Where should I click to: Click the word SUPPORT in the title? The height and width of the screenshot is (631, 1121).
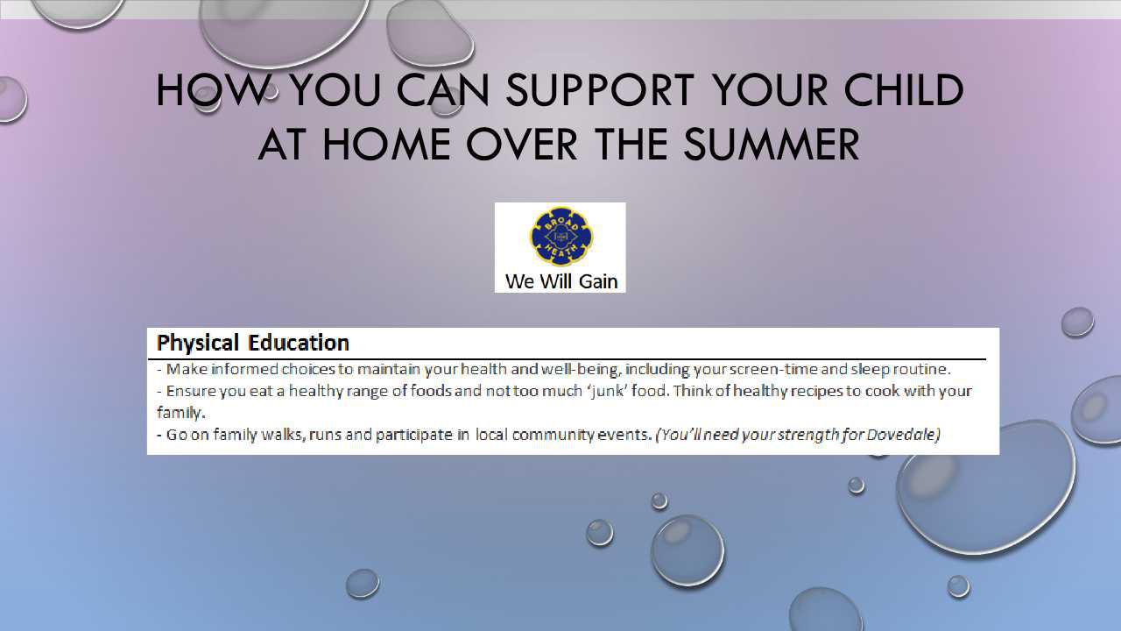tap(600, 90)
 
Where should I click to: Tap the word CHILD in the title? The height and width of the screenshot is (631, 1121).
tap(904, 90)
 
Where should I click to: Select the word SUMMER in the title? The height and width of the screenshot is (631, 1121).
tap(772, 145)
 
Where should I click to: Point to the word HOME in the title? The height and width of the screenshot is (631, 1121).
tap(386, 145)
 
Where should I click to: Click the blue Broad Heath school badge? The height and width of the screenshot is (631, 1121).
tap(560, 236)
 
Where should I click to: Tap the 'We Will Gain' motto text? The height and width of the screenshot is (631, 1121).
tap(561, 281)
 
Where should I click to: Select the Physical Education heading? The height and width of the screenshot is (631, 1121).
tap(253, 343)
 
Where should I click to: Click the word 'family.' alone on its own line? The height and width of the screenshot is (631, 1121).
tap(180, 413)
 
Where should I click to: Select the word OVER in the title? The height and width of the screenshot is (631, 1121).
tap(521, 145)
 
